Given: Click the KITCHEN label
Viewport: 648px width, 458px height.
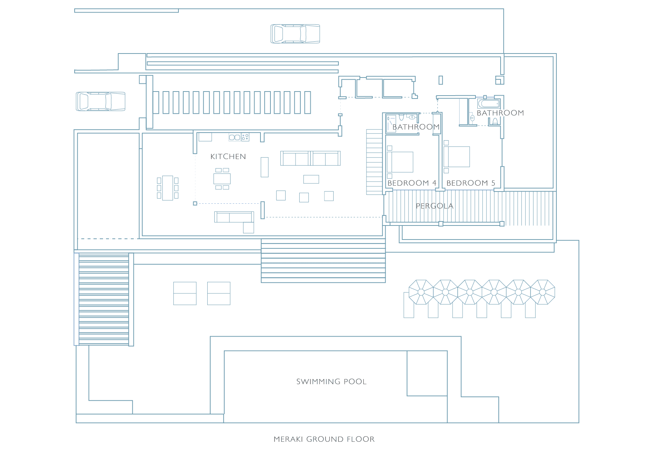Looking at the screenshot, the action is point(228,156).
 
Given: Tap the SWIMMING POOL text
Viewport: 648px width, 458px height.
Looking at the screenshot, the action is point(331,382).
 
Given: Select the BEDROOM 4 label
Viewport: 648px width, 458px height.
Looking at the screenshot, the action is point(412,183).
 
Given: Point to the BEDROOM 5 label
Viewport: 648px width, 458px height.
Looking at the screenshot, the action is point(471,183).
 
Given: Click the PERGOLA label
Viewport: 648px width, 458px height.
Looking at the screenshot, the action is point(434,206).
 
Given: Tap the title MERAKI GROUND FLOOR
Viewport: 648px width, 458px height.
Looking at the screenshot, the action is point(324,439).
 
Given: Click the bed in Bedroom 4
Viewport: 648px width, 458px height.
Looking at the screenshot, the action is point(400,162).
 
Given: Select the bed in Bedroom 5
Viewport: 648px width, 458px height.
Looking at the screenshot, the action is point(457,157).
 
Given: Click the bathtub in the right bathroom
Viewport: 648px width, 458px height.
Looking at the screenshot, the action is point(489,103).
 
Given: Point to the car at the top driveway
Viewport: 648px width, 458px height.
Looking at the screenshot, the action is point(295,34).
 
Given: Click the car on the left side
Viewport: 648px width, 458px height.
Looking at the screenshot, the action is point(100,101).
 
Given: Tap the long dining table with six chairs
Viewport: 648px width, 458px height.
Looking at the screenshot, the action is point(168,188).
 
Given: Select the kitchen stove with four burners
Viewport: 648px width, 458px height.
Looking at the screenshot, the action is point(245,137).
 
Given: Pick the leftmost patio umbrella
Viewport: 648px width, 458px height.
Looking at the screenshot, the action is point(421,292).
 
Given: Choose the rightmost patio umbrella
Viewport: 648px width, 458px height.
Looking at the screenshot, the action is point(543,292).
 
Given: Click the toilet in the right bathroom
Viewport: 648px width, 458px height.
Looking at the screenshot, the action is point(495,121).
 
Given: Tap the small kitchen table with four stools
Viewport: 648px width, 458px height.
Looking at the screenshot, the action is point(222,179).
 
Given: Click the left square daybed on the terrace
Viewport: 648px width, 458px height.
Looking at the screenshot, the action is point(185,293).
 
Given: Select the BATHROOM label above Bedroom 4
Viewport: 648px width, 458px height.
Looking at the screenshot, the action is point(416,127).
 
